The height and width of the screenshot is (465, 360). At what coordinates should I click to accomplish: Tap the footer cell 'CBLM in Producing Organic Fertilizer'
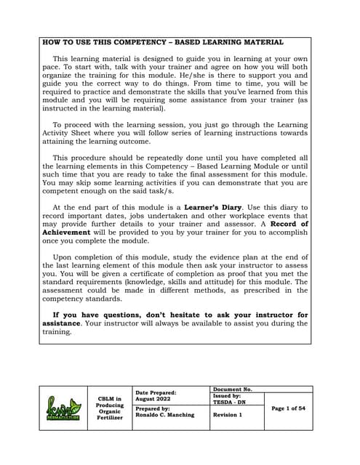coord(109,408)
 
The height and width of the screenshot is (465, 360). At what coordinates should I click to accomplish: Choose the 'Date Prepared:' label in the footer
coord(156,392)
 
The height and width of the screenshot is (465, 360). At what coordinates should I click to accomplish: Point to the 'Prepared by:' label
coord(153,409)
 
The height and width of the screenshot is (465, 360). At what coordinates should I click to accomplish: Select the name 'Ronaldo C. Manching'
coord(167,416)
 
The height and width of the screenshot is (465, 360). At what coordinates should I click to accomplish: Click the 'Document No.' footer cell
coord(233,389)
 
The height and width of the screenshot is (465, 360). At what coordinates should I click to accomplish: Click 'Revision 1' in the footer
coord(228,415)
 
